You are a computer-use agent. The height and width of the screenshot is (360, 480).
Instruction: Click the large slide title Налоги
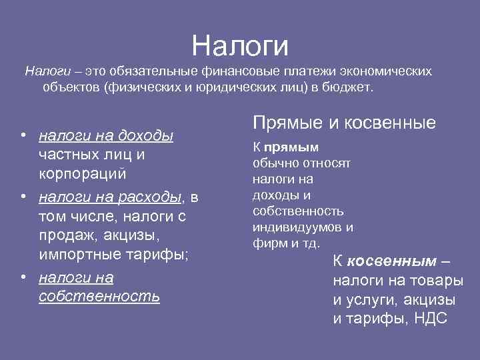pos(240,45)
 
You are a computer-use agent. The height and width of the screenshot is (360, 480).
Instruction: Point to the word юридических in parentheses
pos(251,87)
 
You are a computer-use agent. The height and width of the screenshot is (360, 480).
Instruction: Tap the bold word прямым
pos(291,147)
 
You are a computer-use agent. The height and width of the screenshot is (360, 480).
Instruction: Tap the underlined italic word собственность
pos(99,296)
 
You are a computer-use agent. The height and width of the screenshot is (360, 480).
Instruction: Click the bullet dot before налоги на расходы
pos(24,197)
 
